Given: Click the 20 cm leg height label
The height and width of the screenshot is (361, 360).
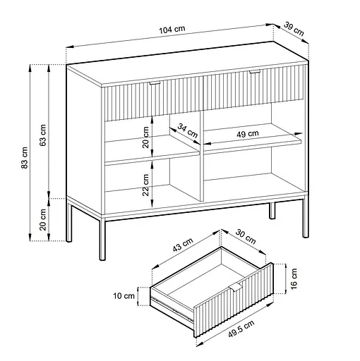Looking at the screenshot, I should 43,219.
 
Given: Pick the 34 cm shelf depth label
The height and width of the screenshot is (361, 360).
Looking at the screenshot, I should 187,130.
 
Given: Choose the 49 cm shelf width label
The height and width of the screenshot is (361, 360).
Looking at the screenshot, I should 247,133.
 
